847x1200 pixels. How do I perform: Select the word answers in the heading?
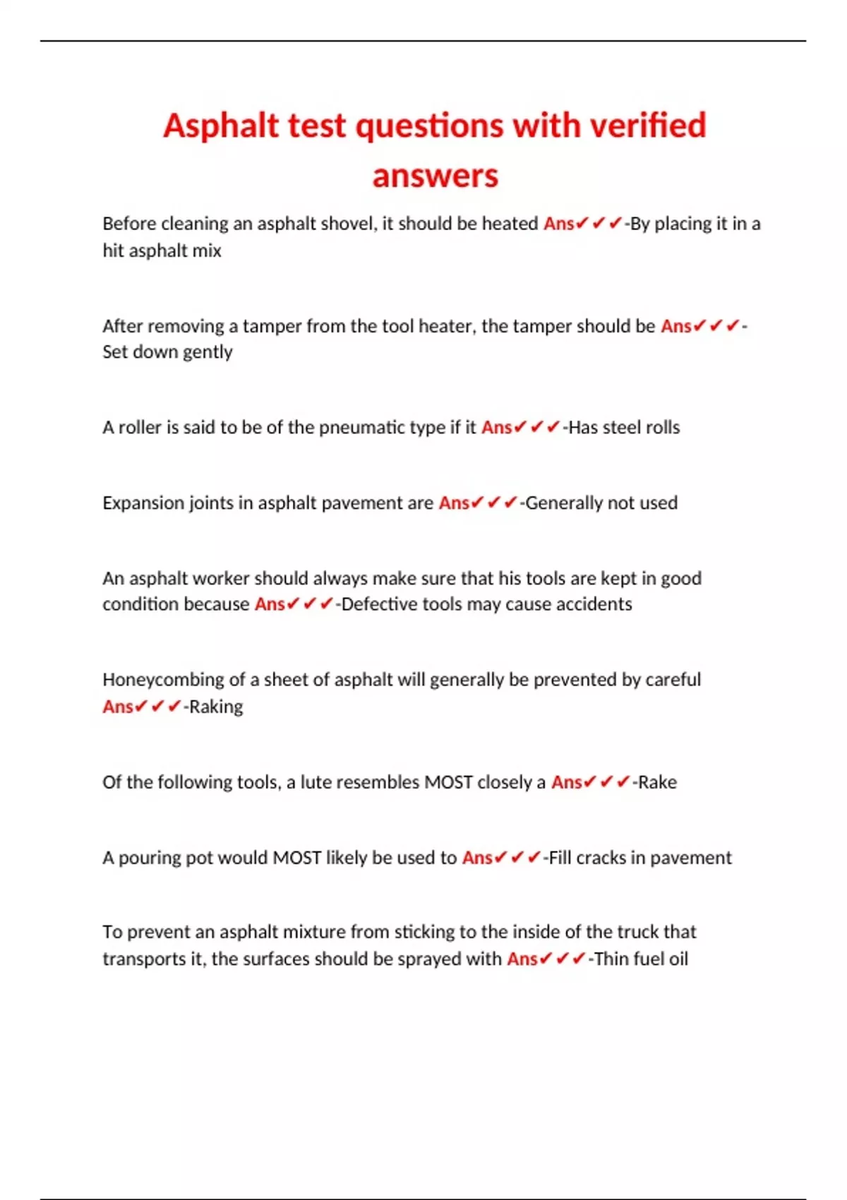[x=435, y=176]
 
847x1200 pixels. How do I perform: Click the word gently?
[x=208, y=352]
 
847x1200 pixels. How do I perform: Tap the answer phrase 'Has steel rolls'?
[x=624, y=428]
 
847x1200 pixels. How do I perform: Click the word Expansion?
[x=143, y=503]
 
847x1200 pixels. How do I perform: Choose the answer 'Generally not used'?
[x=601, y=503]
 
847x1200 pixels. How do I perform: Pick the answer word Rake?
[x=658, y=782]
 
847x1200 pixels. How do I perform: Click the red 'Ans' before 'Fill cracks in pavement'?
[x=477, y=858]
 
